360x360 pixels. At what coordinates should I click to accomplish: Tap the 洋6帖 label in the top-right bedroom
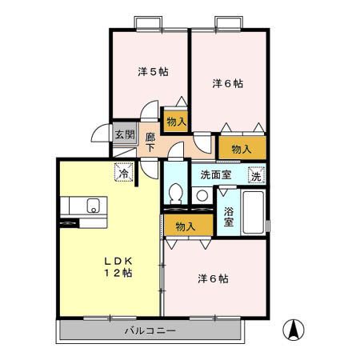coord(227,83)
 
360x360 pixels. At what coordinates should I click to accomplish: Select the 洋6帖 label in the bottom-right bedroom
coord(214,278)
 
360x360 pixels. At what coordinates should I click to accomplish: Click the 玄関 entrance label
coord(123,134)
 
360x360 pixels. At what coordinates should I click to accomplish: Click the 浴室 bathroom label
coord(228,217)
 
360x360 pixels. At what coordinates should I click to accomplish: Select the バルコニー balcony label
coord(150,329)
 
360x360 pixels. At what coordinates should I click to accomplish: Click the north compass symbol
coord(294,328)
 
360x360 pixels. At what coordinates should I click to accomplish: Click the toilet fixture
coord(176,194)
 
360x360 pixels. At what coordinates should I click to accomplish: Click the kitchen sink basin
coord(93,205)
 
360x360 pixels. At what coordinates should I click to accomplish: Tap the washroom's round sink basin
coord(202,195)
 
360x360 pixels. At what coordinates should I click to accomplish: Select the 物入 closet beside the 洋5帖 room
coord(176,122)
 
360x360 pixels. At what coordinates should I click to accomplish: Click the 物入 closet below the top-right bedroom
coord(242,148)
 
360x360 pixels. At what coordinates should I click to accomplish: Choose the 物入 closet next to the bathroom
coord(186,226)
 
